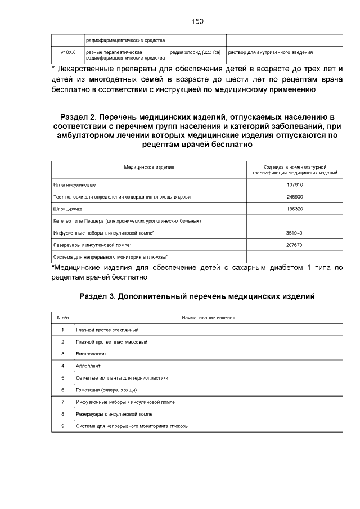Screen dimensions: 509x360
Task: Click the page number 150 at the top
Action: point(197,21)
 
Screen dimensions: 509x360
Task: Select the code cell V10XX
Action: point(67,52)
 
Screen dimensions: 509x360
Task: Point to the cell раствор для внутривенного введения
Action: point(270,52)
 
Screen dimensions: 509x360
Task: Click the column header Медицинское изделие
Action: point(149,167)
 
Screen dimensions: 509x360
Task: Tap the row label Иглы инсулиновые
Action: point(75,185)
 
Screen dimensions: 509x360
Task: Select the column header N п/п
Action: point(62,318)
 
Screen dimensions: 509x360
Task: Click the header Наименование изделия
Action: point(208,318)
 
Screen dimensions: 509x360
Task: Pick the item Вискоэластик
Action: point(91,354)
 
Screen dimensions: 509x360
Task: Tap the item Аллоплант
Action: point(88,366)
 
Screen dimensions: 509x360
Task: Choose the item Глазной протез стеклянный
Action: point(107,330)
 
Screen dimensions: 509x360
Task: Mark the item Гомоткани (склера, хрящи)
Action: point(107,390)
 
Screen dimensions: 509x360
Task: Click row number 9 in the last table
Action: point(62,426)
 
